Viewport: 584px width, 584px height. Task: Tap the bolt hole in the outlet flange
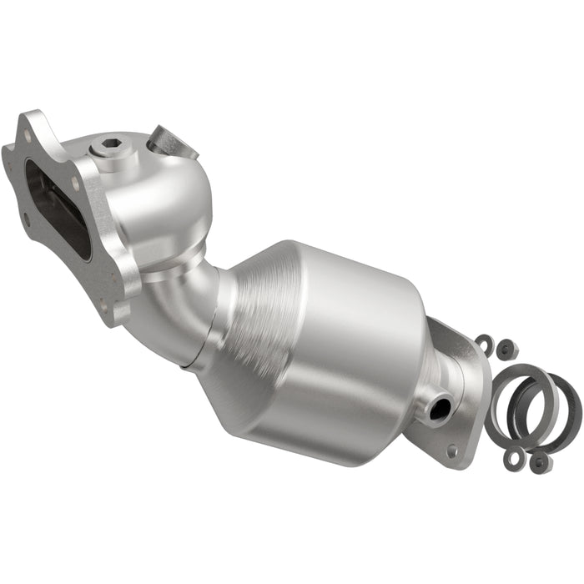pos(452,450)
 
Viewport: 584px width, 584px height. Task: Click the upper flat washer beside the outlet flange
pos(484,342)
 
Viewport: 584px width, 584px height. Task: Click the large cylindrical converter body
pos(350,350)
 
